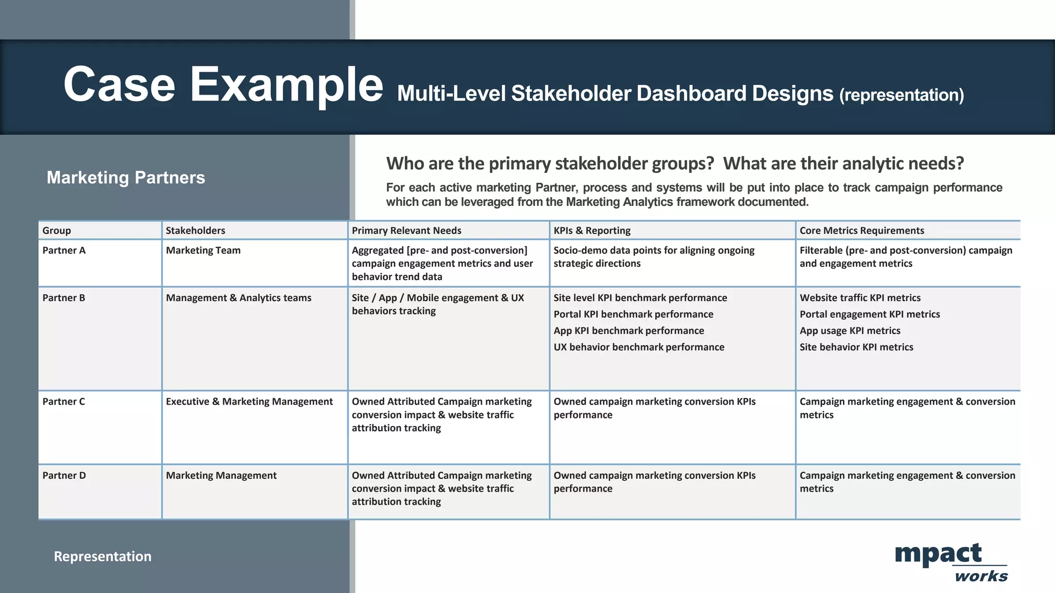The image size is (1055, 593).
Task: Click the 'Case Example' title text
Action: pos(223,85)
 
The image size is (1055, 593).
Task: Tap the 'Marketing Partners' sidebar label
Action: pos(126,178)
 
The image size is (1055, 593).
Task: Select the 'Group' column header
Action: pos(57,231)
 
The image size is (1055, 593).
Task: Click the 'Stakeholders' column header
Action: pos(195,231)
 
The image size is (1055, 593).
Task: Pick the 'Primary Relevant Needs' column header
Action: pos(406,231)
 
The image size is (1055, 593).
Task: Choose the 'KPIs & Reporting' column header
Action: pos(592,231)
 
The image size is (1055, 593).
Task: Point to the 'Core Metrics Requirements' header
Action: pos(862,231)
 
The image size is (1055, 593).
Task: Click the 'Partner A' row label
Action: pos(64,251)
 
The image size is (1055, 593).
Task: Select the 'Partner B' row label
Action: pos(64,298)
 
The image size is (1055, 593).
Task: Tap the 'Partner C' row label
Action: pos(64,402)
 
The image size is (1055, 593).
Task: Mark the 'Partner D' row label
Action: pos(64,476)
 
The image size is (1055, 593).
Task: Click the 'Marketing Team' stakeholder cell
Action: pos(203,251)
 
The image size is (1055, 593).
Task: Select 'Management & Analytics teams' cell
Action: pos(239,298)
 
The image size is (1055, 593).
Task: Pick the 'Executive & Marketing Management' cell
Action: pos(249,402)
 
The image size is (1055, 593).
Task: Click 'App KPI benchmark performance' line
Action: pos(628,331)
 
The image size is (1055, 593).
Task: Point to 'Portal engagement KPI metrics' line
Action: pos(870,315)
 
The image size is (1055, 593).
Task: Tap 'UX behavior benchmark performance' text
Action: pos(639,347)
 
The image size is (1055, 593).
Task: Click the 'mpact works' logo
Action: pos(950,562)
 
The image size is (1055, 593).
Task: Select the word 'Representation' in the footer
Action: pos(103,556)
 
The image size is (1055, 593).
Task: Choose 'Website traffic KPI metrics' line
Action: pos(860,298)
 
